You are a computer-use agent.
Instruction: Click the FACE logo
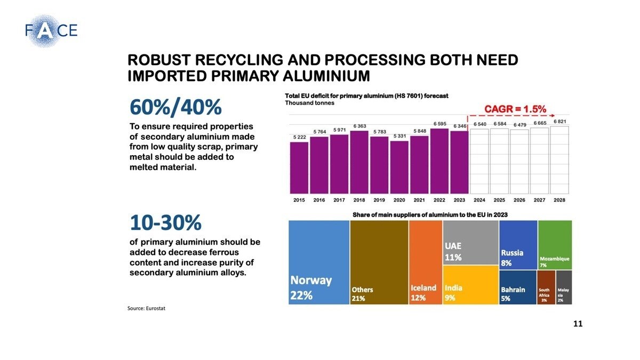(51, 30)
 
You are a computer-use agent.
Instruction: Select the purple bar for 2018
(359, 162)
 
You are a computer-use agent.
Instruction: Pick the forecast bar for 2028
(559, 160)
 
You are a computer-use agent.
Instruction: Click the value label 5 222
(299, 137)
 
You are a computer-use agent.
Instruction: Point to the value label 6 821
(559, 122)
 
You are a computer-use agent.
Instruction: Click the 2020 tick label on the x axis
(399, 200)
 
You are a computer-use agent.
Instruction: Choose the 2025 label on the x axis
(499, 200)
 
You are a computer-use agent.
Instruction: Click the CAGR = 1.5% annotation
(515, 109)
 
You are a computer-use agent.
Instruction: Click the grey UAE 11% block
(470, 243)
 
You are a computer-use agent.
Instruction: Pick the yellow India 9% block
(470, 285)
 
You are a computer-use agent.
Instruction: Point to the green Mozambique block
(555, 245)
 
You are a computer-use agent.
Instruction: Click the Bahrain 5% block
(518, 287)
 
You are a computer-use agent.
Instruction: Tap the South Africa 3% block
(546, 287)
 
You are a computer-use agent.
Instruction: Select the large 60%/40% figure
(175, 108)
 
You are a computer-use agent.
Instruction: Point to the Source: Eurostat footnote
(147, 309)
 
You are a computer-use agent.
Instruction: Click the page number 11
(578, 324)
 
